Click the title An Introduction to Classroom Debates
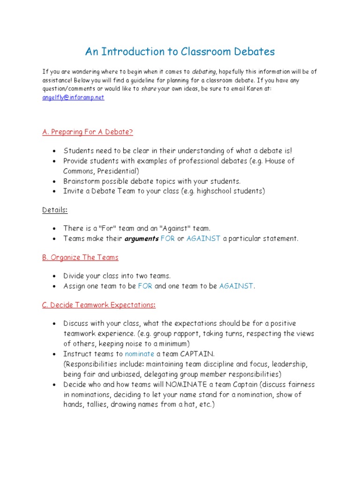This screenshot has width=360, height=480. pos(180,52)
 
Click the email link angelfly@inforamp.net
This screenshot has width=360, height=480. pos(73,97)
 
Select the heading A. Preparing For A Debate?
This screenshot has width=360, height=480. pos(88,132)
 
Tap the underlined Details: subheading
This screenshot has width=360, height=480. pos(55,210)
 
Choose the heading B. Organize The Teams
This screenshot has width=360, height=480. pos(80,257)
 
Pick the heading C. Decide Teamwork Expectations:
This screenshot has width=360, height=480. pos(98,305)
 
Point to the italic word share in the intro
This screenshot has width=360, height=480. pos(149,89)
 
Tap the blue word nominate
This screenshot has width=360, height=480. pos(140,354)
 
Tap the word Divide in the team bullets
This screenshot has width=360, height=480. pos(75,276)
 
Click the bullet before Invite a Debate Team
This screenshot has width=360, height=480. pos(54,191)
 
